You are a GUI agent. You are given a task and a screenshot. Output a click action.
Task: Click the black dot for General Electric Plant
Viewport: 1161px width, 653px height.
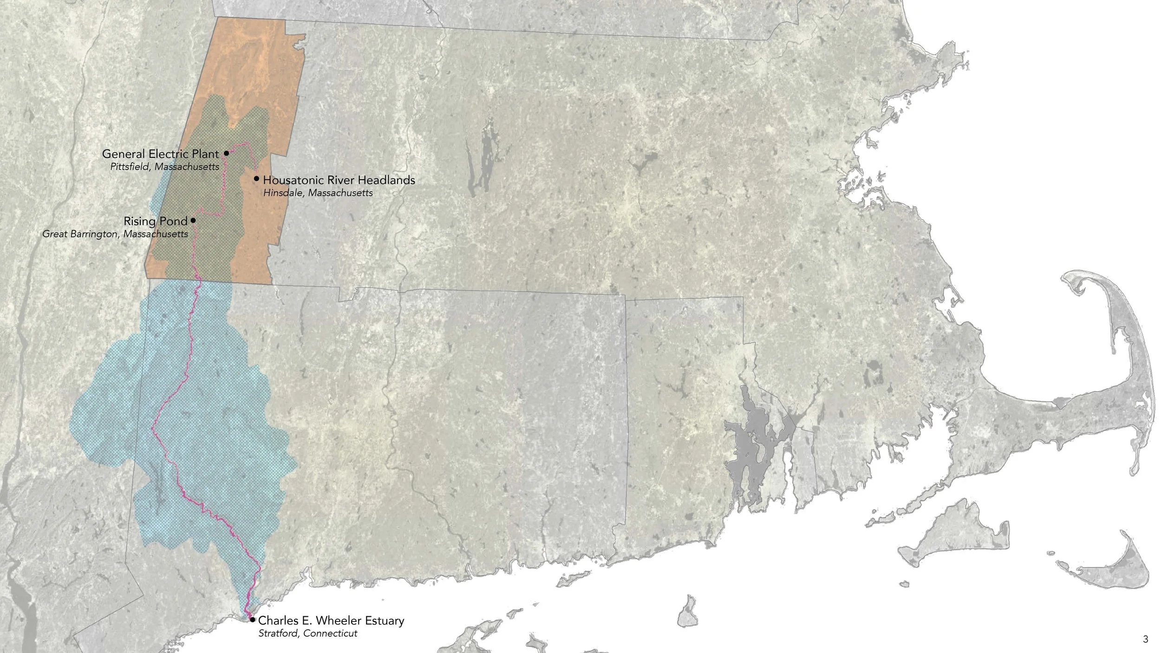[227, 153]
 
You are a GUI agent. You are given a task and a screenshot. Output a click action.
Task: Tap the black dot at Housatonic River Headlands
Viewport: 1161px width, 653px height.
[256, 179]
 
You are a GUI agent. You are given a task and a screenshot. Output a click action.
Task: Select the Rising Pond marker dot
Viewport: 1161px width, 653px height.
[193, 221]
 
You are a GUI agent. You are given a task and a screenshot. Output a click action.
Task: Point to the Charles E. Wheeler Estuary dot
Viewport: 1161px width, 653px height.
[252, 620]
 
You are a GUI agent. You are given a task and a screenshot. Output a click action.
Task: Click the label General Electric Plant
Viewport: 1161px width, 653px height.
[160, 154]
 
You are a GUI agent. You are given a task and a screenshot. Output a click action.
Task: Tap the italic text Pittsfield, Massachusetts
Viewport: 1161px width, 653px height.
[164, 166]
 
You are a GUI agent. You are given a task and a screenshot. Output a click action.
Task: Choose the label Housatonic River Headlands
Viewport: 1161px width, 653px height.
[339, 180]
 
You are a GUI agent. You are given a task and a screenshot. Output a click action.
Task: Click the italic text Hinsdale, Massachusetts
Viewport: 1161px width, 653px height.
[318, 193]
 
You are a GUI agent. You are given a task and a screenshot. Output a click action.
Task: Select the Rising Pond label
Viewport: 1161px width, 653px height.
[155, 222]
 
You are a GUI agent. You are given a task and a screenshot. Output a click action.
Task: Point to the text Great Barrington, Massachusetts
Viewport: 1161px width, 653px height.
[115, 234]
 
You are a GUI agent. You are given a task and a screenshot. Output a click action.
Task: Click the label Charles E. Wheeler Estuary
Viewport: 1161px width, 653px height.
[331, 620]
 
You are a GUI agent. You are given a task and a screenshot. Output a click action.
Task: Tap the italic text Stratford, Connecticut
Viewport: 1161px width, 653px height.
[307, 633]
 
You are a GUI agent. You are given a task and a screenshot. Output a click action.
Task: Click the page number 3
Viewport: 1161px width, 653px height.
[1146, 639]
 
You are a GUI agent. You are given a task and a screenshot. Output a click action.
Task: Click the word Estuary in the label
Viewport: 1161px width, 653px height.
[384, 621]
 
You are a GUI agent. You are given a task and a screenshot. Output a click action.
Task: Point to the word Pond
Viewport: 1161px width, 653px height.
[176, 222]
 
